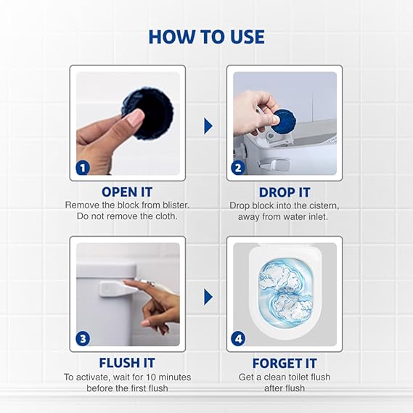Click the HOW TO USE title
(x=206, y=37)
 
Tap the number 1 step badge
(x=83, y=168)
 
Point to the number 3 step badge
(x=83, y=338)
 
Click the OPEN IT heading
(x=127, y=192)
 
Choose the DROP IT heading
(x=285, y=192)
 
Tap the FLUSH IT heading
(x=127, y=363)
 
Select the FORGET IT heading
(x=285, y=363)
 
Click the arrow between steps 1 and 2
(x=208, y=126)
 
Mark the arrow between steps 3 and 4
(x=208, y=296)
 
